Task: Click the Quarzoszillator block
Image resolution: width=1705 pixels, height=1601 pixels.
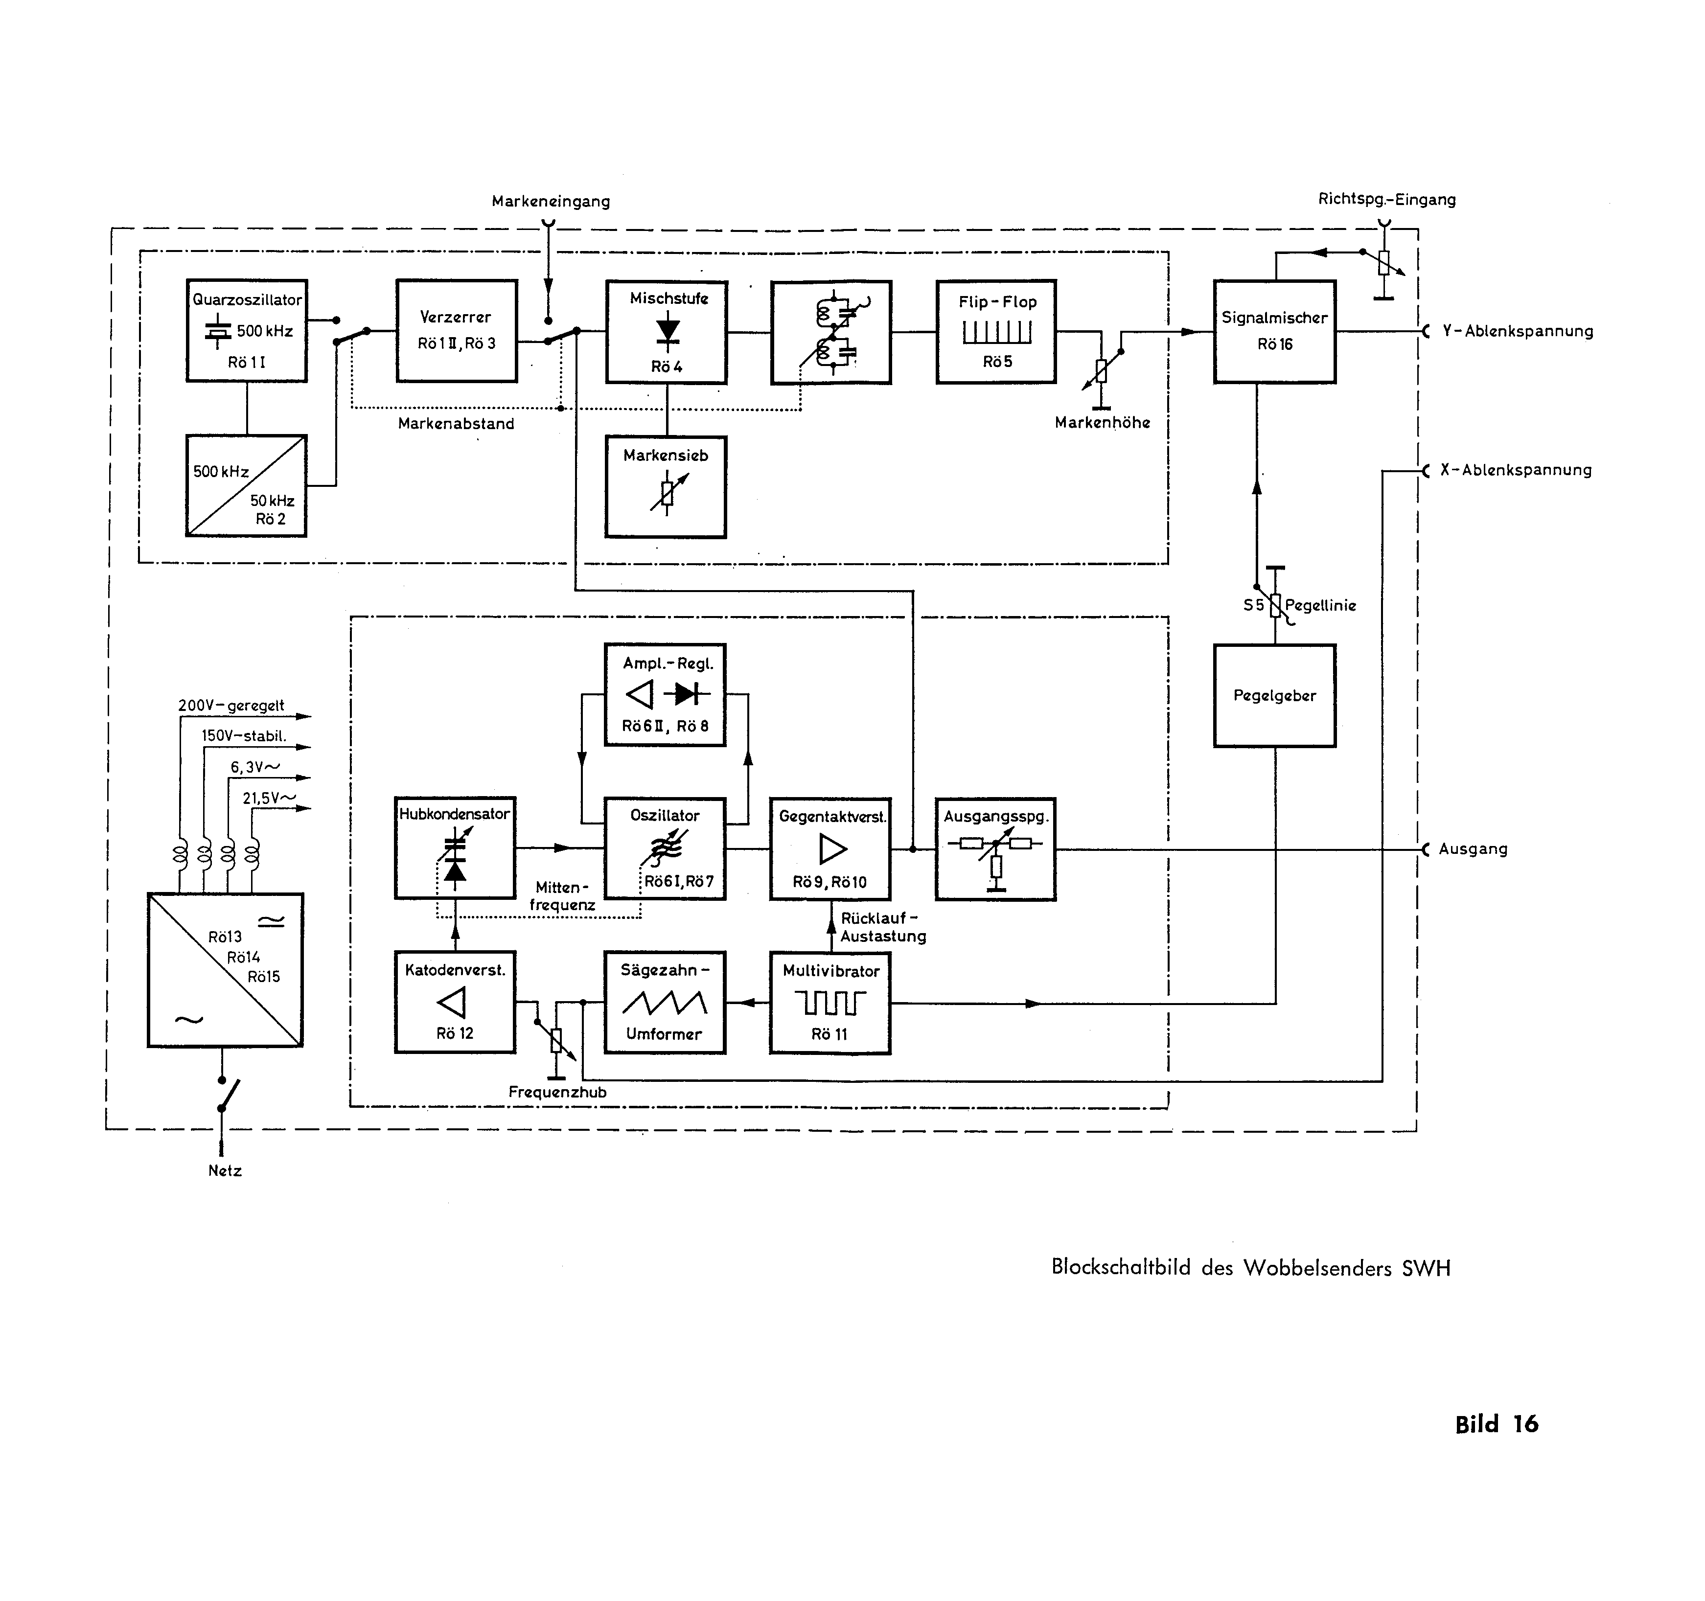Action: [x=247, y=330]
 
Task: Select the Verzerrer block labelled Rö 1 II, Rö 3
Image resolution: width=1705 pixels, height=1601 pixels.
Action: [x=456, y=330]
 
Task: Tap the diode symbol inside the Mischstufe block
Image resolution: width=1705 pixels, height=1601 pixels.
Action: [x=667, y=331]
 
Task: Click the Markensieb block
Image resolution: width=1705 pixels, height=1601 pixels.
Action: [x=666, y=486]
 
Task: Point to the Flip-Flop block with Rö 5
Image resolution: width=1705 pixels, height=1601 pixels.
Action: [x=996, y=331]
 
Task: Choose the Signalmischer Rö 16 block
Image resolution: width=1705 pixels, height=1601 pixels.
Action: [x=1274, y=331]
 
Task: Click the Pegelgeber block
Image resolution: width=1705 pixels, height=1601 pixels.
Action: [x=1274, y=695]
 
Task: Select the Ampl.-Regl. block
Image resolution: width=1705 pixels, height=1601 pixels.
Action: [x=665, y=695]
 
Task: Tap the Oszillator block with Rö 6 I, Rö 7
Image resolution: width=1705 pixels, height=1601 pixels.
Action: [x=665, y=848]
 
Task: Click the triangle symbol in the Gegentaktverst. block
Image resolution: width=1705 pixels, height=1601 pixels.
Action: [x=832, y=849]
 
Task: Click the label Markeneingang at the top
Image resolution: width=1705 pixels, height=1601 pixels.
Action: [x=551, y=202]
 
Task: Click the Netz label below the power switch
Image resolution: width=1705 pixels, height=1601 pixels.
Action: [x=225, y=1170]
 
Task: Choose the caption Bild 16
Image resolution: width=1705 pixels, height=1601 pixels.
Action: [x=1497, y=1424]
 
